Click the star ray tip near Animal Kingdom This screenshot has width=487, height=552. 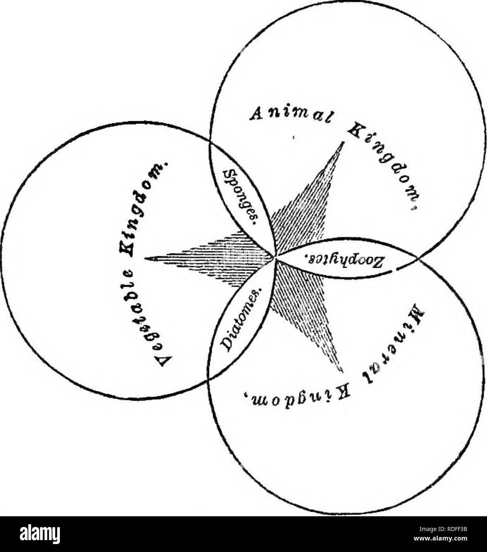(343, 142)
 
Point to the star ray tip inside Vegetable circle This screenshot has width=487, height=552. (145, 257)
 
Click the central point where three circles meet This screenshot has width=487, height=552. (275, 257)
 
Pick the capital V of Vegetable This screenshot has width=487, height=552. (164, 364)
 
